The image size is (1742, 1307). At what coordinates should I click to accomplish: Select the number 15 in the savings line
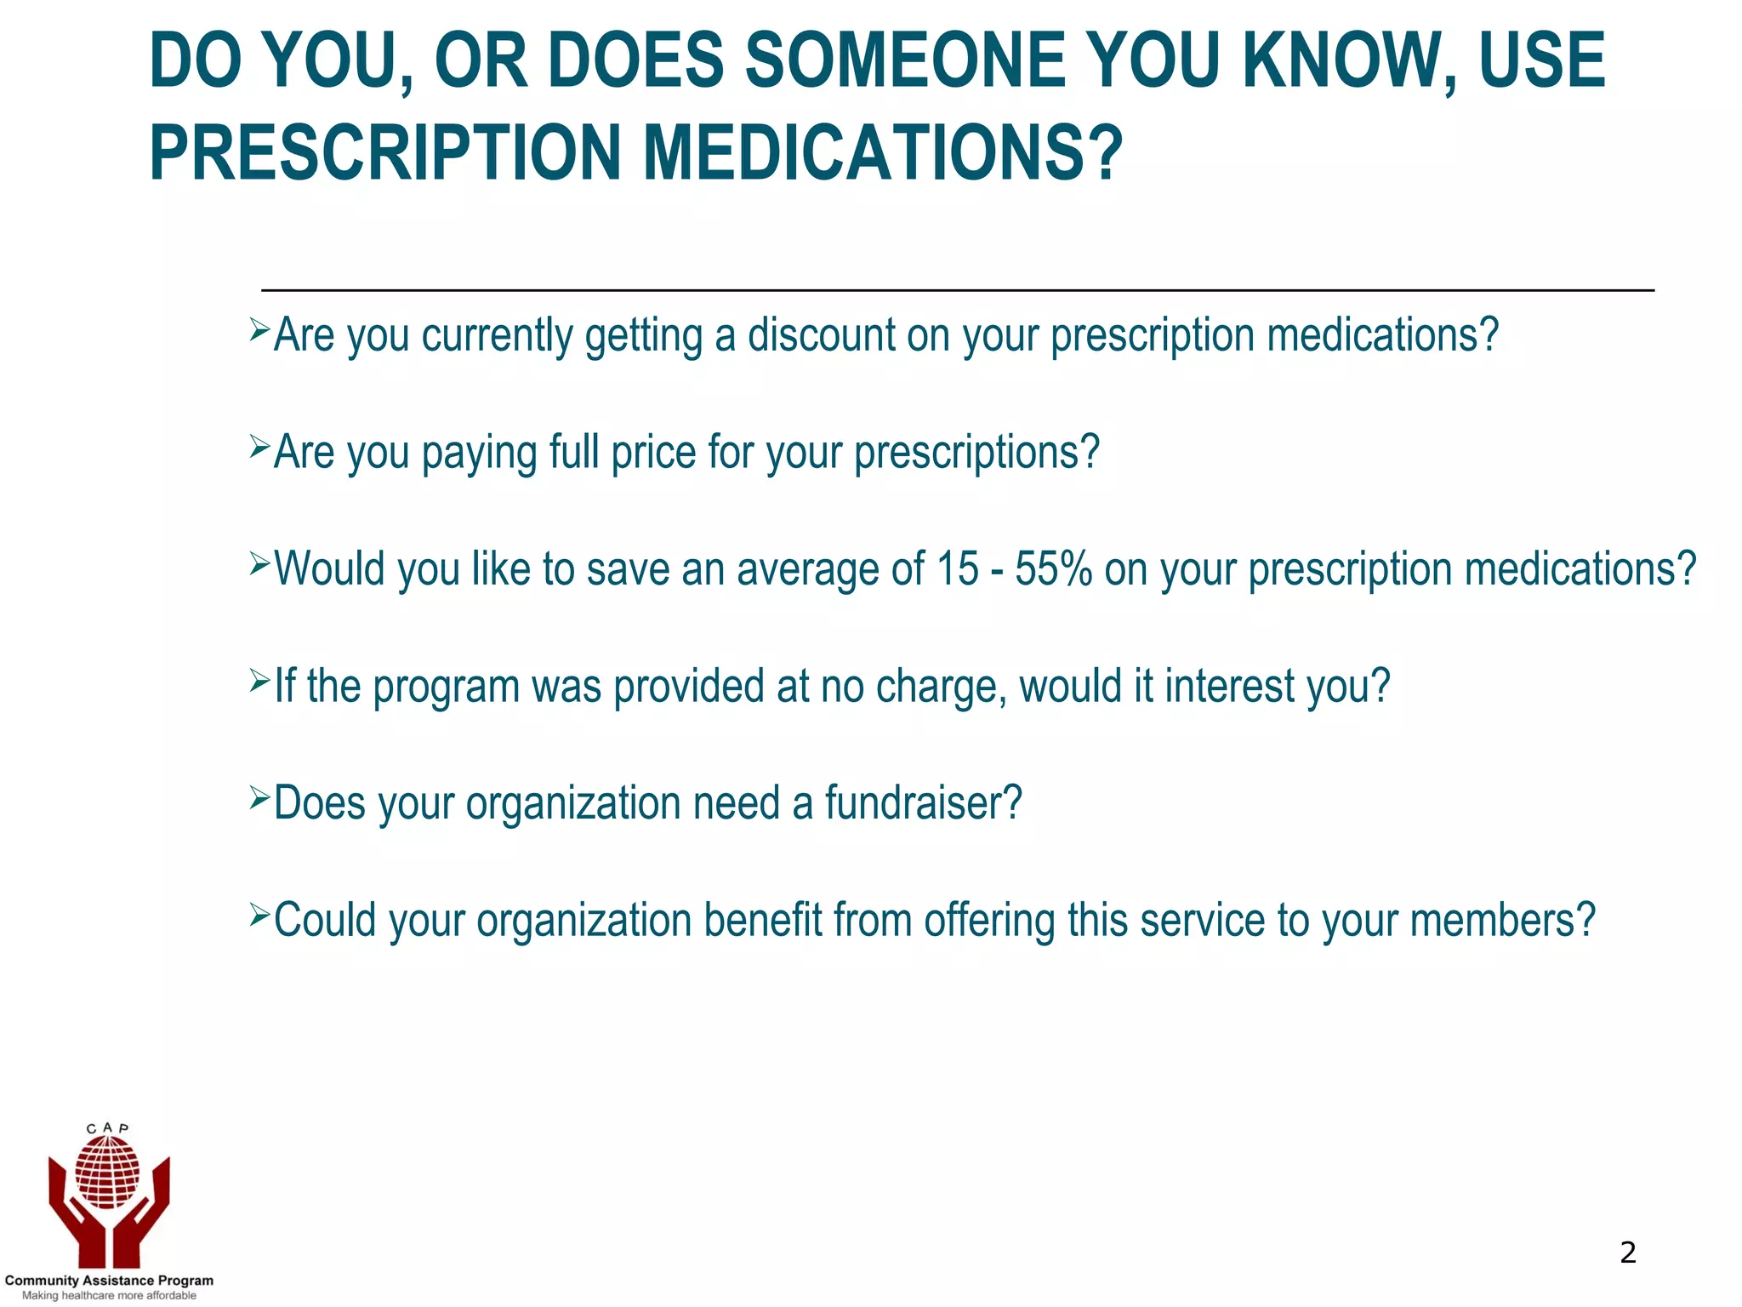pos(957,568)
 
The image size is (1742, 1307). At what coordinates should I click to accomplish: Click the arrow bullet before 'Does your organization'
pos(259,797)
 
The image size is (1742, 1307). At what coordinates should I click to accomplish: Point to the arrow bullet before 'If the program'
pos(259,680)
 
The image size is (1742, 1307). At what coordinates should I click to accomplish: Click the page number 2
pos(1627,1253)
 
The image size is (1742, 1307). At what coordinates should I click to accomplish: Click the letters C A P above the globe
pos(108,1128)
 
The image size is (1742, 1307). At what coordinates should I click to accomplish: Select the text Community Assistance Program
pos(109,1281)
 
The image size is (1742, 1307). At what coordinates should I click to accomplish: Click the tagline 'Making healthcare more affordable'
pos(109,1296)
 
